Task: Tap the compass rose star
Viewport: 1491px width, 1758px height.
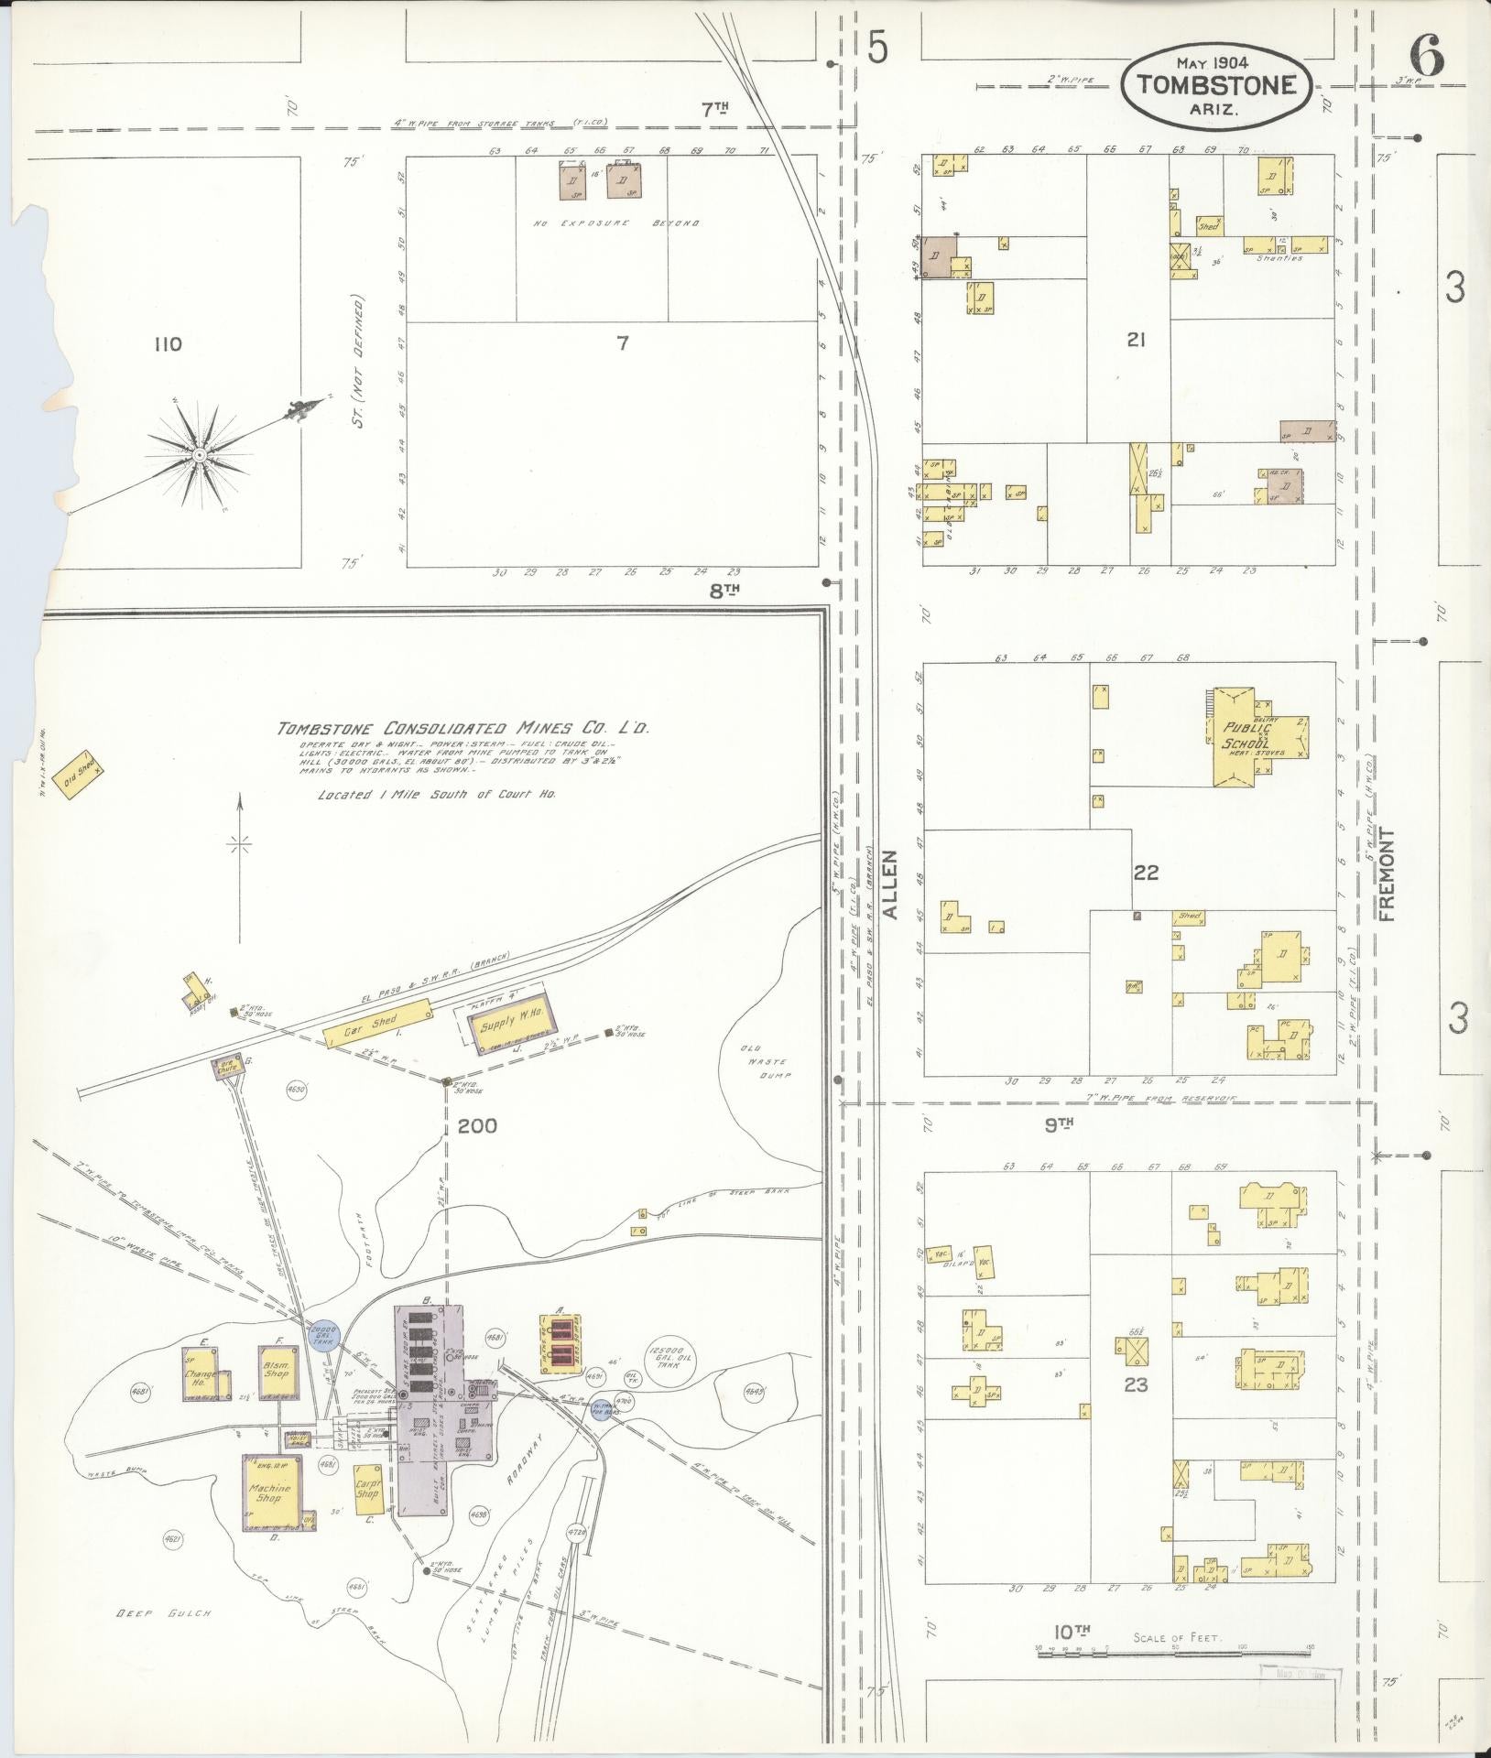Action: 200,453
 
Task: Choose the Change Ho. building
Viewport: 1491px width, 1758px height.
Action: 201,1373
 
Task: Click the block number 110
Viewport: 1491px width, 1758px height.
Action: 168,344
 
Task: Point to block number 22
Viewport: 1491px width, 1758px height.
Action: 1145,873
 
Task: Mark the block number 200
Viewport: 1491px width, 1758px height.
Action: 477,1125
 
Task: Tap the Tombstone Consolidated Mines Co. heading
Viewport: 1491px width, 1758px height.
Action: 464,728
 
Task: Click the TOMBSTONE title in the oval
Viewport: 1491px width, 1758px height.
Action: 1217,85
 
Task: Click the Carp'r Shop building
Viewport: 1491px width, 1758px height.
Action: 366,1487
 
